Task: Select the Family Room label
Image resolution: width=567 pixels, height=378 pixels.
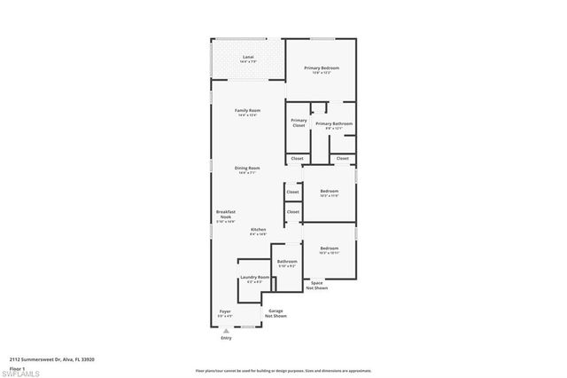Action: tap(247, 113)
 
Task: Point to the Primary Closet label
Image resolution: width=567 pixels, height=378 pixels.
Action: tap(299, 122)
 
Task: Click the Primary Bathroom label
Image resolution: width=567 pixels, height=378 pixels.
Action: tap(334, 125)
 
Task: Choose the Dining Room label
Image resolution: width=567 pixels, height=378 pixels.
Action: tap(247, 169)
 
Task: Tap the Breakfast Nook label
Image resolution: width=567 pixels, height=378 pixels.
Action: tap(225, 216)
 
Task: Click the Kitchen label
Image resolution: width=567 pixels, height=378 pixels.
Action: tap(258, 232)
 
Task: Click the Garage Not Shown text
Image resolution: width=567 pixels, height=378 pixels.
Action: tap(276, 313)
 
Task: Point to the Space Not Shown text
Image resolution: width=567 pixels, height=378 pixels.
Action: tap(317, 286)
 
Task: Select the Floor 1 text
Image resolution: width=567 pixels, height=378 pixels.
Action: tap(18, 367)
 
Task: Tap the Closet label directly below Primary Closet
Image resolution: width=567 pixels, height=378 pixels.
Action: tap(297, 159)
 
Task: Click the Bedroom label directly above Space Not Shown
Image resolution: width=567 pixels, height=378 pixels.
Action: tap(329, 250)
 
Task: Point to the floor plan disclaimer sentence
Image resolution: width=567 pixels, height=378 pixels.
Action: tap(283, 371)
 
